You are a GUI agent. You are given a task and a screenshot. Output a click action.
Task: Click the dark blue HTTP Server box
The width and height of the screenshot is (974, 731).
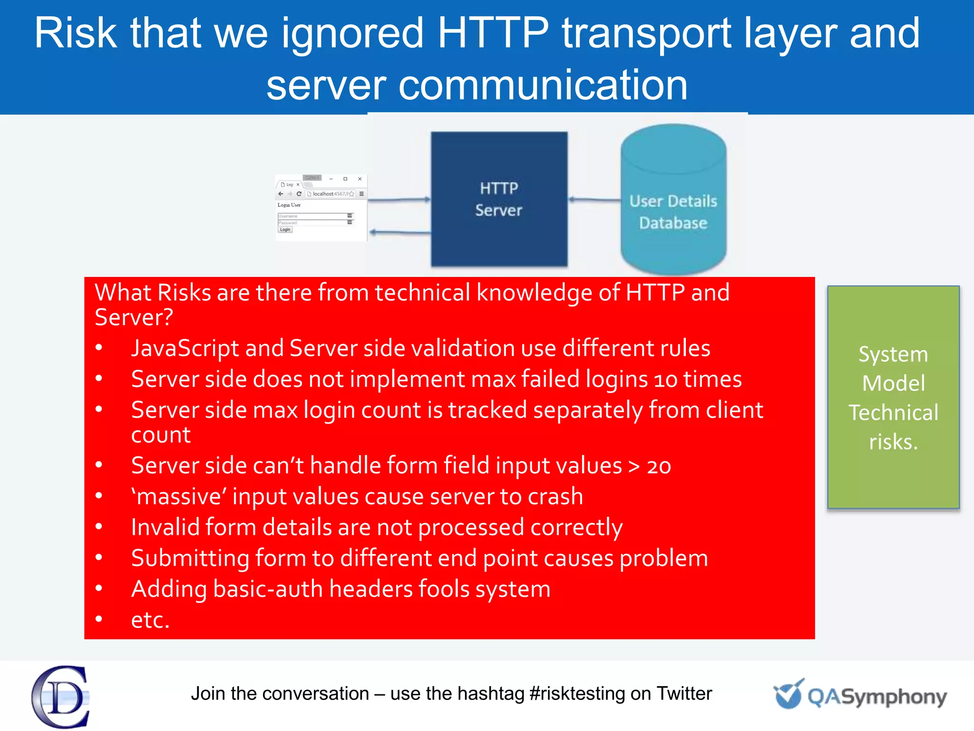tap(499, 199)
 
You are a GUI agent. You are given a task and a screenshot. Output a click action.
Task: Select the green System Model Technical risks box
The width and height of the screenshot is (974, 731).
tap(893, 397)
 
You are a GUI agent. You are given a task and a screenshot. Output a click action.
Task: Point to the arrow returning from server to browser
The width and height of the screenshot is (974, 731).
tap(399, 232)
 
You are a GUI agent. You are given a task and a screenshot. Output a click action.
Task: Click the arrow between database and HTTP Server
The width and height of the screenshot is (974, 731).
tap(594, 200)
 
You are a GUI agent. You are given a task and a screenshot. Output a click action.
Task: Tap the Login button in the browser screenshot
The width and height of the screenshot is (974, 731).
tap(285, 229)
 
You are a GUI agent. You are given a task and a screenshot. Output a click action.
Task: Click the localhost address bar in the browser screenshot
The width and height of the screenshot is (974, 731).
tap(330, 194)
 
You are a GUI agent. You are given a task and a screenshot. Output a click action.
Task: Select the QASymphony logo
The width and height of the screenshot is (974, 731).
tap(861, 695)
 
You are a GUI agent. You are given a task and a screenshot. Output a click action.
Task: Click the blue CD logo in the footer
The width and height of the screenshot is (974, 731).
tap(60, 696)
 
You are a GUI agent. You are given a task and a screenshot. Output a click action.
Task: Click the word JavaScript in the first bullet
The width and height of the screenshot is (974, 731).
tap(185, 348)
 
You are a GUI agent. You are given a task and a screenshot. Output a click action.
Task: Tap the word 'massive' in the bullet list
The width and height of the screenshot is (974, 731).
tap(178, 497)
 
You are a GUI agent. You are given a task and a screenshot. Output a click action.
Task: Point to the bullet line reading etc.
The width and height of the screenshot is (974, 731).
tap(150, 620)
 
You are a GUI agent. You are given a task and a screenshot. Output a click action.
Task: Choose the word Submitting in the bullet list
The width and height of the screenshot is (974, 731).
tap(190, 558)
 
